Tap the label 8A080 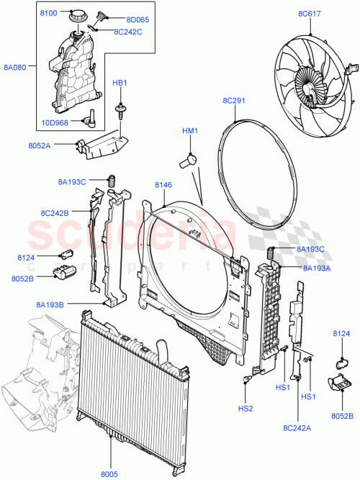[x=16, y=67]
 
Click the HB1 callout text [x=119, y=83]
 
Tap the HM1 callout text [x=190, y=132]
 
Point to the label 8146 [x=163, y=186]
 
